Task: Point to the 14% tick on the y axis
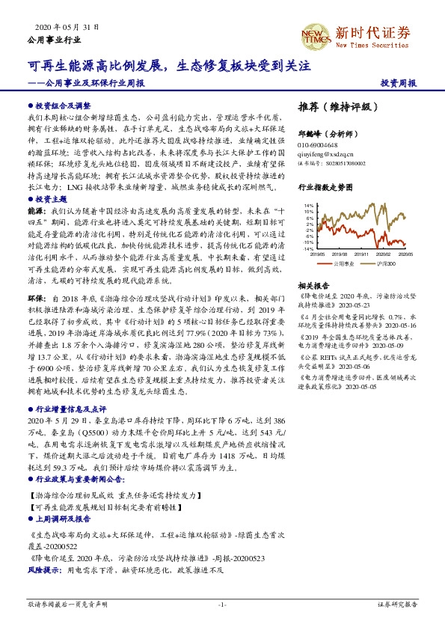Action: (307, 205)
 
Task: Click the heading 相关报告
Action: (310, 285)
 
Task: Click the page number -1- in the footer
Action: (222, 604)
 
